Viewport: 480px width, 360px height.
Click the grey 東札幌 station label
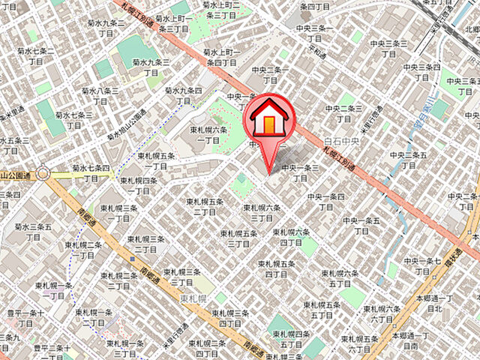193,298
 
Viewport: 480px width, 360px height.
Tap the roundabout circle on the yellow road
43,174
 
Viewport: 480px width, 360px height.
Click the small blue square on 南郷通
133,259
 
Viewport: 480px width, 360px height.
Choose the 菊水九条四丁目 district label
184,96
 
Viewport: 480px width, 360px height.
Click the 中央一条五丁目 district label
361,226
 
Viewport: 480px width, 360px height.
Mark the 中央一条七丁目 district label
422,265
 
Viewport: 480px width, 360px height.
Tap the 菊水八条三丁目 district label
100,94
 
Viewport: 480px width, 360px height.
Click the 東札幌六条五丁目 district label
340,278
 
